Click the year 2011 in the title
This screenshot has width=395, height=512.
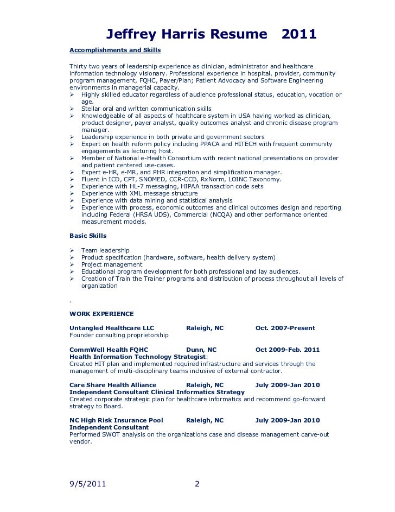pos(299,35)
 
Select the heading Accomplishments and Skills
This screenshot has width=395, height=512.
pos(115,50)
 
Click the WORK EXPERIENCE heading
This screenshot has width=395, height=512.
pos(101,314)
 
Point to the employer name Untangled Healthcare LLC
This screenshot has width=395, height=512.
pos(112,328)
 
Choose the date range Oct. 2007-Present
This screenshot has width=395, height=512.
pos(285,328)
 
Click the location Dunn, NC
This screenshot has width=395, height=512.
pos(201,350)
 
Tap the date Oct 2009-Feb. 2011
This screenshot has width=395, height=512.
pos(287,350)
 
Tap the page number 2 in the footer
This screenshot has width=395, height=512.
pos(197,484)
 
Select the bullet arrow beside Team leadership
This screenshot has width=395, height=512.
pos(72,250)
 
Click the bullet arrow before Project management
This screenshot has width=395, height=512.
pos(72,264)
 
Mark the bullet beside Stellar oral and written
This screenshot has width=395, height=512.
pos(72,109)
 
